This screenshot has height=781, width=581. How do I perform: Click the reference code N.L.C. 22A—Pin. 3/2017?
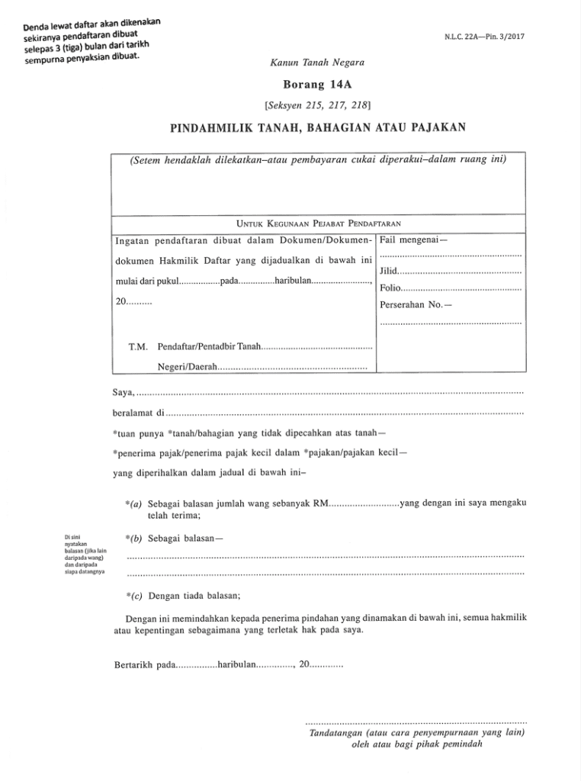pyautogui.click(x=483, y=37)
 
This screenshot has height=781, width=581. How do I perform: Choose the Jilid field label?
pyautogui.click(x=388, y=272)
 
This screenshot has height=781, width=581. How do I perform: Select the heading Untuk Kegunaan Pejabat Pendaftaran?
pyautogui.click(x=319, y=223)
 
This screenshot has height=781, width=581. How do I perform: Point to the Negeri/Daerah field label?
pyautogui.click(x=187, y=367)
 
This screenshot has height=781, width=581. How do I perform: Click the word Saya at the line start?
pyautogui.click(x=122, y=393)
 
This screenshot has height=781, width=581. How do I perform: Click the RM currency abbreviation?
pyautogui.click(x=315, y=504)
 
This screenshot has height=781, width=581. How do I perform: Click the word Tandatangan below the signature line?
pyautogui.click(x=335, y=733)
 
